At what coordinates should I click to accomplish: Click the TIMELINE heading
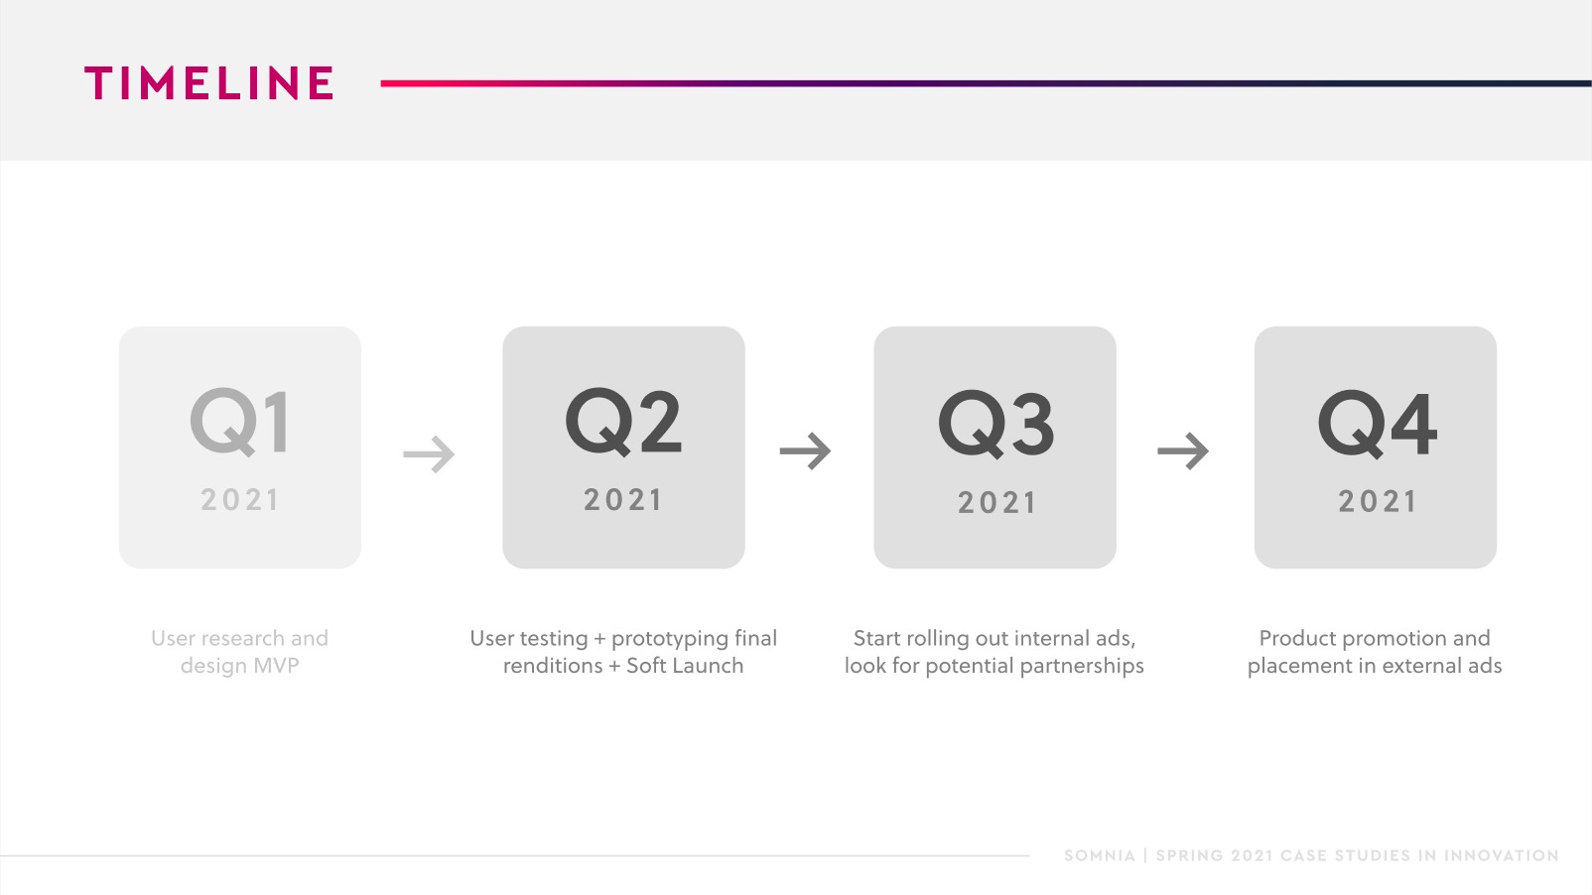tap(209, 82)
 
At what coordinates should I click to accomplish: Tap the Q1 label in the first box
tap(239, 422)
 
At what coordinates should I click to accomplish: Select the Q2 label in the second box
tap(623, 422)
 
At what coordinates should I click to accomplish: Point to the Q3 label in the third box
tap(995, 424)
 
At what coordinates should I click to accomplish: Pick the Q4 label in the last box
tap(1378, 424)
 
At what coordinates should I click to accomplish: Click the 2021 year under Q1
tap(239, 499)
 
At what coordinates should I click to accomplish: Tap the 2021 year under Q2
tap(623, 499)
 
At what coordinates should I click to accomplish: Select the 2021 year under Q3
tap(996, 502)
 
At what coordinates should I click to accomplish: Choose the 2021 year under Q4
tap(1378, 501)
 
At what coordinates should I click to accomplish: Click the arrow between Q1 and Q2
tap(429, 453)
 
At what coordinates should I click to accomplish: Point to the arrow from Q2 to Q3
tap(805, 451)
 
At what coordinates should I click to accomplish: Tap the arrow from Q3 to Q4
tap(1183, 451)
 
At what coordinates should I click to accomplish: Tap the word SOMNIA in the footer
tap(1100, 855)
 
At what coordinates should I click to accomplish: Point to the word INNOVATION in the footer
tap(1501, 855)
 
